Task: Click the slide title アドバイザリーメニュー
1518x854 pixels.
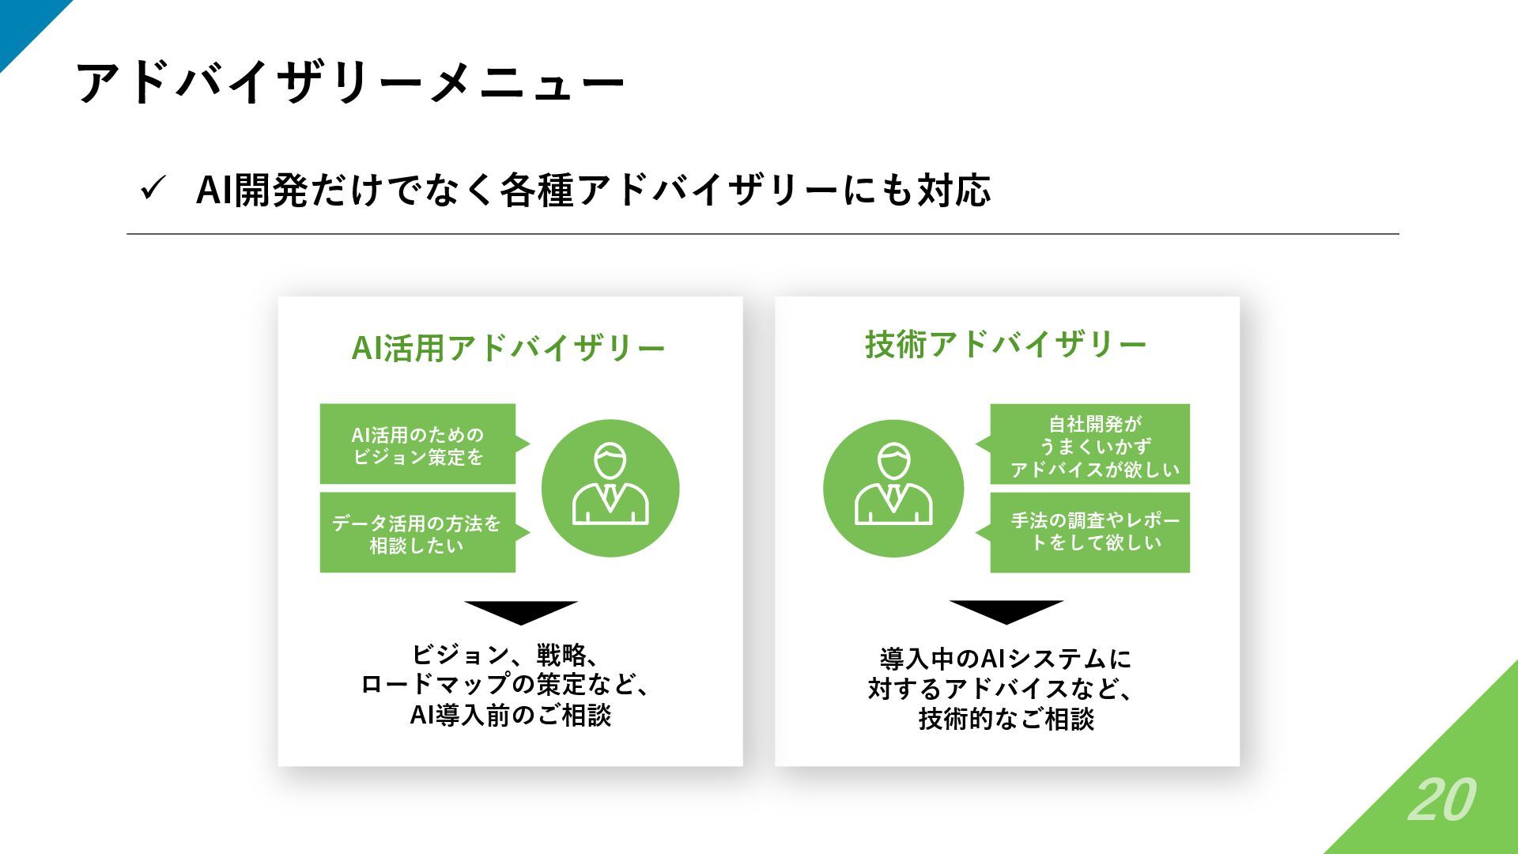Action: [350, 82]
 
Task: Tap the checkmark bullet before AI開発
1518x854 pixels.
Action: [151, 190]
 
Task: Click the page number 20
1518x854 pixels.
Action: [1441, 799]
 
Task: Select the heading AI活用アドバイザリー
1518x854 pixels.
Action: [508, 348]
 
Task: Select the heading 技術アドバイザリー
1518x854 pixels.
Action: [1006, 344]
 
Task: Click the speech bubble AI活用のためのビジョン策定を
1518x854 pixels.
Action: [417, 445]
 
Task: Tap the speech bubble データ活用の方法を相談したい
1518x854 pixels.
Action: [417, 534]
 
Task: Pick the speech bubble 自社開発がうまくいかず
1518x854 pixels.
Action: [1090, 445]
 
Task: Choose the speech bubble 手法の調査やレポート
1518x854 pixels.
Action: [1090, 532]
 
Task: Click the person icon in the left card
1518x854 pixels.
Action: [610, 488]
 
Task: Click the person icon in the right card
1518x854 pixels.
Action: [893, 488]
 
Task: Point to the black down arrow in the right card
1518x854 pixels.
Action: [1006, 611]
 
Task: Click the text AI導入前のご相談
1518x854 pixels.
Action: [511, 716]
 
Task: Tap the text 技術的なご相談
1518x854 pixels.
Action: [1006, 720]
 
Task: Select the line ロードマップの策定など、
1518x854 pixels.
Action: [506, 685]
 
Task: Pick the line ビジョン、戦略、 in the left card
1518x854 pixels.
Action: [506, 655]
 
